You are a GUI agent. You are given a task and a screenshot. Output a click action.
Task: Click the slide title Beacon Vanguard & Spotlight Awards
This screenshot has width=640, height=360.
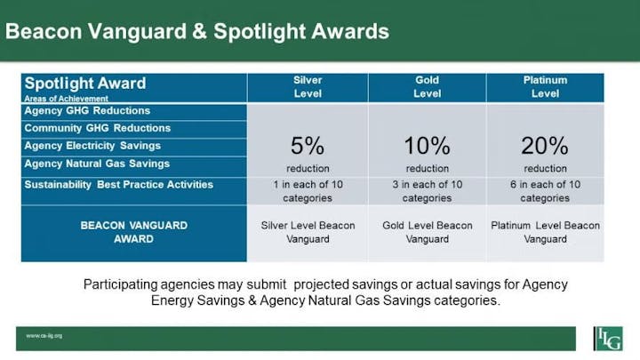click(197, 31)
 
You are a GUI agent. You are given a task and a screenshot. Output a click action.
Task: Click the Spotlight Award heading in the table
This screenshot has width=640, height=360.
click(85, 84)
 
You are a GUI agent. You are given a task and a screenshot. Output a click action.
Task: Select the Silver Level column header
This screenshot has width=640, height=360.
click(308, 87)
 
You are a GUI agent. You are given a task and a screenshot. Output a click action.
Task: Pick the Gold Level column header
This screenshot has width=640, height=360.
click(427, 87)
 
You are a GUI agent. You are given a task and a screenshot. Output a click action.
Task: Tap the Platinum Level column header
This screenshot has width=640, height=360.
click(545, 87)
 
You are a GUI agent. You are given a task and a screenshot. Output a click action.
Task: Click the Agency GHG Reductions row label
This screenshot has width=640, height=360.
click(87, 111)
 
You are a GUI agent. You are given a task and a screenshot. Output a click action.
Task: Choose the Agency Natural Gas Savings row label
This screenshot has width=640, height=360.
click(98, 164)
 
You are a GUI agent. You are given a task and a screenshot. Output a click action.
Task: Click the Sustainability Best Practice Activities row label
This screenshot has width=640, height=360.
click(119, 185)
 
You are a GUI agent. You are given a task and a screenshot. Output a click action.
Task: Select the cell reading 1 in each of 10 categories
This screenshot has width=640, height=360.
click(308, 191)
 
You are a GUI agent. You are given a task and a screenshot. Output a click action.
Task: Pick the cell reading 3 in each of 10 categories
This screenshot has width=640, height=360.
click(427, 191)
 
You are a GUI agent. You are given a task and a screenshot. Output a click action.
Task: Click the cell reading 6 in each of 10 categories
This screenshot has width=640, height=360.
click(545, 191)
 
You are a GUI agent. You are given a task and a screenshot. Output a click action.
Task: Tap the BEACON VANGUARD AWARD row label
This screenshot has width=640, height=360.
click(133, 232)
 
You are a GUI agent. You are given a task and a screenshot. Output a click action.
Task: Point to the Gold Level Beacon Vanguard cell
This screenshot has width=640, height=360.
click(427, 232)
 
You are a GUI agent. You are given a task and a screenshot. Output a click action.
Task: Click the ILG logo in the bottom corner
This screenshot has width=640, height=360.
click(608, 338)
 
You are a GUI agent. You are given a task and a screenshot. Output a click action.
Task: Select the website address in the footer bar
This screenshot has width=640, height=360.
click(44, 336)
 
